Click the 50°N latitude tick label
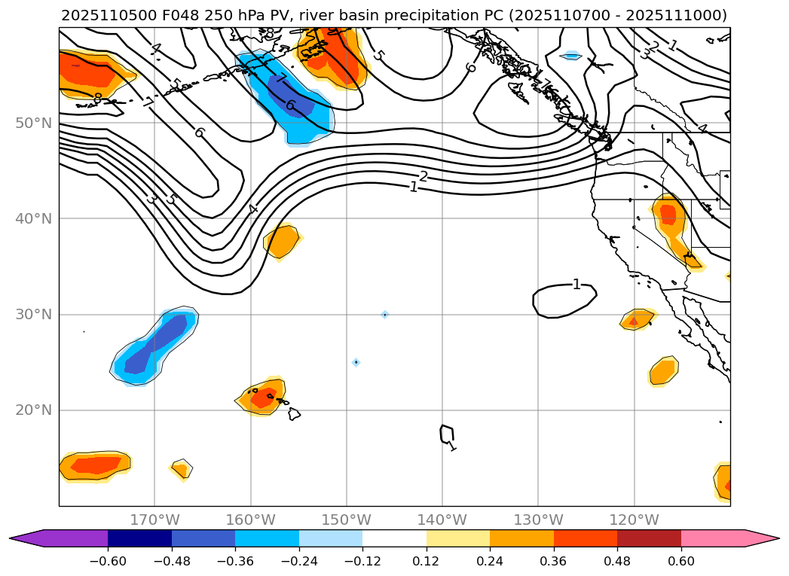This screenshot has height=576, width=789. (34, 123)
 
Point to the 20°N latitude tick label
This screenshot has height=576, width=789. (34, 410)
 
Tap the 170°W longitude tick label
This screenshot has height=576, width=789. (154, 520)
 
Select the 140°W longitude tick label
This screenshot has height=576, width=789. (442, 520)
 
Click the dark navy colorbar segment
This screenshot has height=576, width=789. (139, 538)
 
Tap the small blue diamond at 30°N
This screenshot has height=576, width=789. (384, 314)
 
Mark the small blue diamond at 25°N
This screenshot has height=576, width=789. (356, 362)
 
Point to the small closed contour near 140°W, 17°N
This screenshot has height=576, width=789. (447, 434)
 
